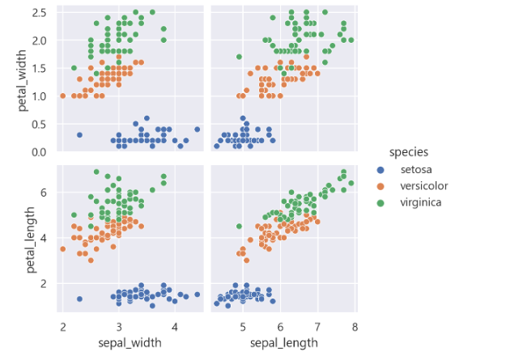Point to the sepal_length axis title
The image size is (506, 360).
click(x=282, y=342)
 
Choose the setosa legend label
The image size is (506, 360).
click(x=415, y=170)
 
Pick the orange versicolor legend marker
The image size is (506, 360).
click(x=381, y=186)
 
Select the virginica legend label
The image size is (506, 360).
click(x=421, y=202)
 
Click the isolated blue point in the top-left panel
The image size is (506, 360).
click(x=79, y=135)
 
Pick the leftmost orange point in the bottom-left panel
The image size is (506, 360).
click(x=62, y=249)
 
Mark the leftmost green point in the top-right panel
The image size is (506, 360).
click(x=239, y=57)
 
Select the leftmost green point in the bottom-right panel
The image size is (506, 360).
click(x=239, y=227)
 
